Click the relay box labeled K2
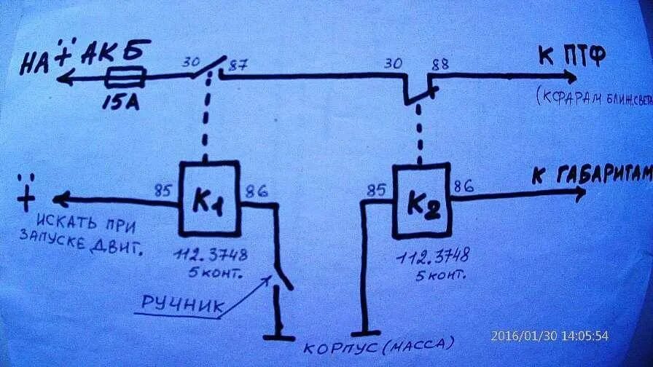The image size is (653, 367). point(421,202)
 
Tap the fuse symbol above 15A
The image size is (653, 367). point(125,76)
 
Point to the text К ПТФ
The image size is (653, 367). point(570,55)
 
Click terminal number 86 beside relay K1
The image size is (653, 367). point(256,192)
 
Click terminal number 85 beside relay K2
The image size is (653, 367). point(376,192)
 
